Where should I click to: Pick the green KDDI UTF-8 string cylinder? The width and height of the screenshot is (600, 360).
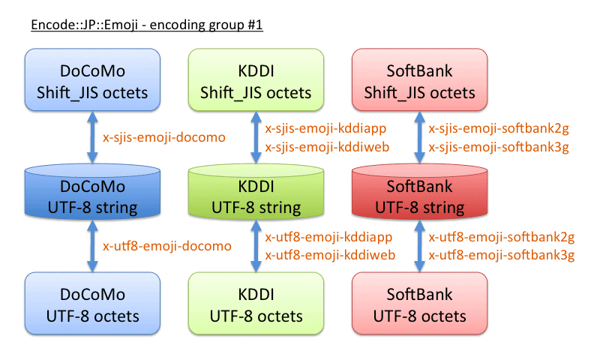tap(256, 196)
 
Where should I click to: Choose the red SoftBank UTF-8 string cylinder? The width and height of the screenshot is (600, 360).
tap(419, 196)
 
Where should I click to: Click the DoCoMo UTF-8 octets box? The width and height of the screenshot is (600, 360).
tap(92, 304)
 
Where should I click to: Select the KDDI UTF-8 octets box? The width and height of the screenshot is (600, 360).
tap(256, 304)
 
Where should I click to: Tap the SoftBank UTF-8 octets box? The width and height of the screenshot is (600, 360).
tap(419, 304)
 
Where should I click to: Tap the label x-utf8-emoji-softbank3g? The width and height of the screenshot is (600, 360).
tap(501, 255)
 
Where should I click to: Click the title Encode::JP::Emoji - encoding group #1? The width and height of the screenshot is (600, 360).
tap(146, 25)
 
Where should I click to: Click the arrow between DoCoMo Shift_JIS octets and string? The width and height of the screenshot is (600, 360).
tap(92, 137)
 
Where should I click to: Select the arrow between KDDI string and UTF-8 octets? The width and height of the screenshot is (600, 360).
tap(256, 245)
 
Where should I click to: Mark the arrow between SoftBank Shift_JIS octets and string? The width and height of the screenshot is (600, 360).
tap(419, 137)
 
